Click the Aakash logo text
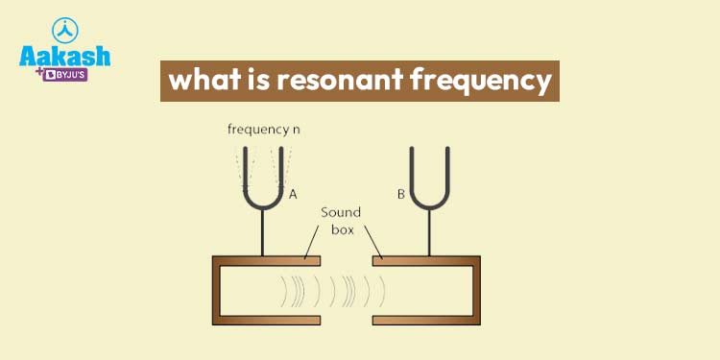[64, 56]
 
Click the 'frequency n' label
[261, 128]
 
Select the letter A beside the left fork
[293, 194]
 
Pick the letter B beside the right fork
[401, 194]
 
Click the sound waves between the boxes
[331, 288]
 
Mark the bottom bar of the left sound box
[266, 319]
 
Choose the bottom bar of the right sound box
[423, 319]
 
